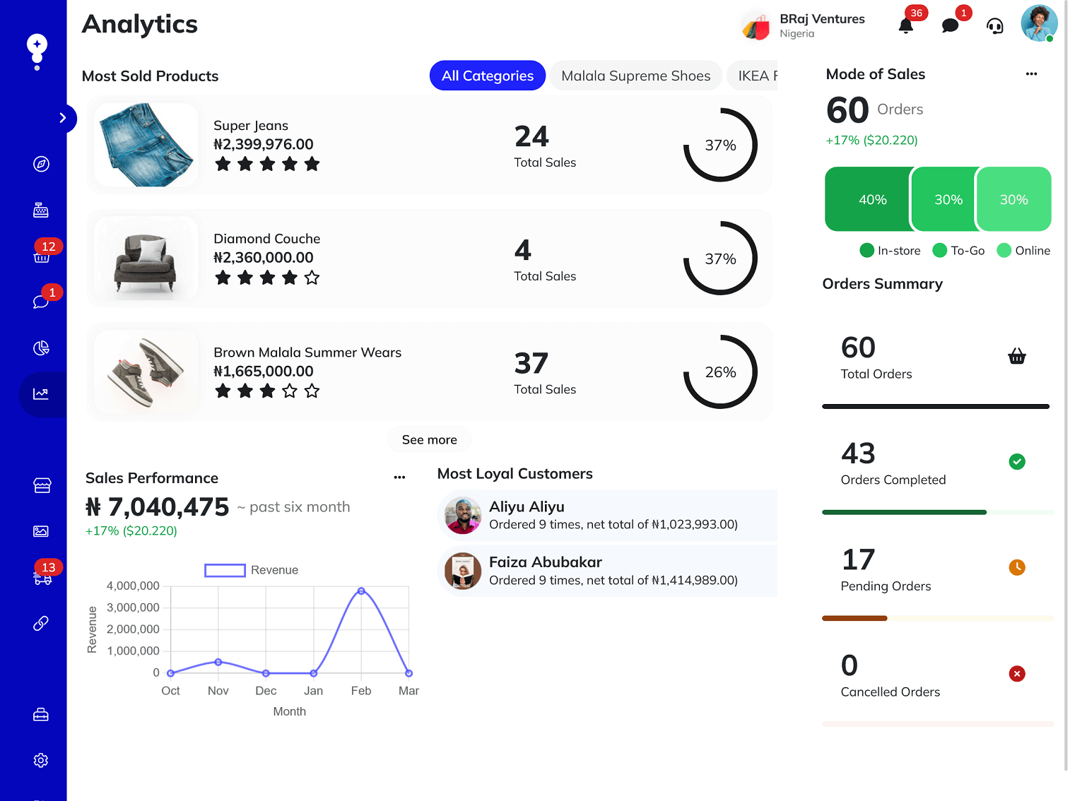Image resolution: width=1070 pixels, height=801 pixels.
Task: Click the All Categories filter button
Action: pyautogui.click(x=487, y=76)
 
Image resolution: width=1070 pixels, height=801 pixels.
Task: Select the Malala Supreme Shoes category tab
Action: pyautogui.click(x=635, y=76)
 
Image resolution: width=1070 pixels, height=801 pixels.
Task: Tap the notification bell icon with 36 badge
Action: pyautogui.click(x=905, y=26)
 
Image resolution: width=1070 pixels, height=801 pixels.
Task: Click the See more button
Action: pyautogui.click(x=429, y=439)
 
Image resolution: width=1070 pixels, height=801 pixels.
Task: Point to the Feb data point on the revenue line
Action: pyautogui.click(x=361, y=591)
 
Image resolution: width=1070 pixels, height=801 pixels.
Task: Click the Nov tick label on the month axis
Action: pyautogui.click(x=218, y=691)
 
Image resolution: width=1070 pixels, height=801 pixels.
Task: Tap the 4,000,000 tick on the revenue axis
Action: pyautogui.click(x=133, y=586)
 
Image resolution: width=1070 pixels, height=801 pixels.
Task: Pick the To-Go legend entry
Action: pyautogui.click(x=959, y=251)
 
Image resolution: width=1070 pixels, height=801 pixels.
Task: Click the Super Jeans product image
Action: pyautogui.click(x=146, y=145)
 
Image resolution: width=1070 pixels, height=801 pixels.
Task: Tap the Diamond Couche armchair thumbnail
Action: pyautogui.click(x=146, y=259)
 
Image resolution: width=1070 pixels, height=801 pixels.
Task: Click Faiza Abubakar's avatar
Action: pyautogui.click(x=463, y=571)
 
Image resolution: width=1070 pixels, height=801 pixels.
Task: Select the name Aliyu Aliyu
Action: pyautogui.click(x=527, y=506)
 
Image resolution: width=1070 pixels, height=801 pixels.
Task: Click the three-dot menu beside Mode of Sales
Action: pyautogui.click(x=1031, y=74)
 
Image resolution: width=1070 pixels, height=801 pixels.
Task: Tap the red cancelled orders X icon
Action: pyautogui.click(x=1016, y=674)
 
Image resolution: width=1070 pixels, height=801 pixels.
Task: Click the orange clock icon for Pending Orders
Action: pyautogui.click(x=1016, y=567)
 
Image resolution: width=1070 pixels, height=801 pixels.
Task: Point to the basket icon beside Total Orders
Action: pyautogui.click(x=1016, y=356)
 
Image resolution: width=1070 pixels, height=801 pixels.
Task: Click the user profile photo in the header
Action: pyautogui.click(x=1038, y=23)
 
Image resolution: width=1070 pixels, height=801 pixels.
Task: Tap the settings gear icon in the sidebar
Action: pyautogui.click(x=41, y=760)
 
